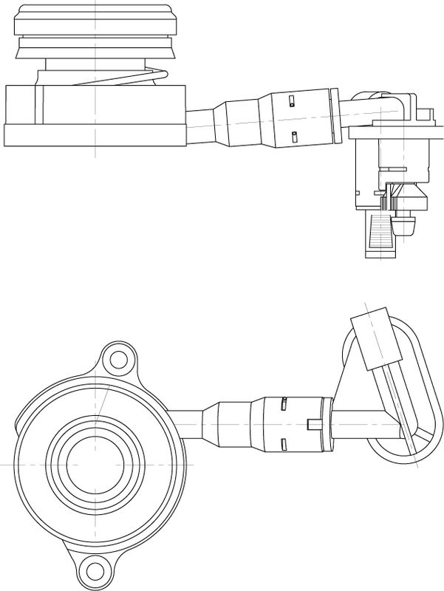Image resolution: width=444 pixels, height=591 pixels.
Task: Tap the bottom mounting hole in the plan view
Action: (x=93, y=569)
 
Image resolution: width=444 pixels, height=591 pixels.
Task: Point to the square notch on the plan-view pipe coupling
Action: (x=311, y=423)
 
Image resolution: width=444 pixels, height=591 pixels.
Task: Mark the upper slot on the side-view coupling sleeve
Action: (x=293, y=101)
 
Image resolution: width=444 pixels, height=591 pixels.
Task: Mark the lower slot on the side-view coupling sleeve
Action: (x=294, y=136)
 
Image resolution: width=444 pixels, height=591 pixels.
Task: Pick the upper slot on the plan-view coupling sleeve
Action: (x=284, y=403)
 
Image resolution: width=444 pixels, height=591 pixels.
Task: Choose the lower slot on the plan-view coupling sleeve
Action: (x=284, y=444)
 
